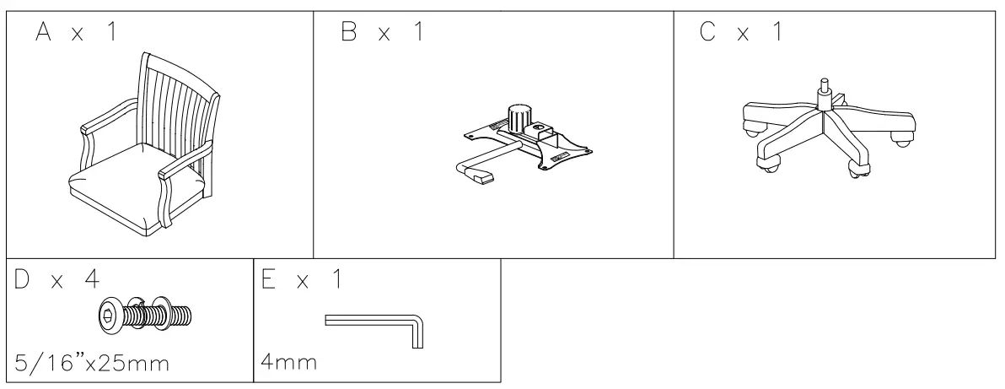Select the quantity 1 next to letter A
click(110, 34)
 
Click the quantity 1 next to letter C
click(776, 34)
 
